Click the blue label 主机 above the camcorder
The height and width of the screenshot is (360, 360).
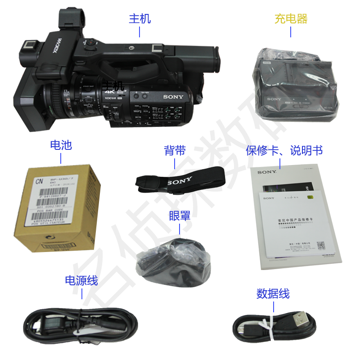coord(140,18)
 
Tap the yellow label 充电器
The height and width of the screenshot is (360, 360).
coord(291,18)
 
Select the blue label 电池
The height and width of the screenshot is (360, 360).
coord(61,145)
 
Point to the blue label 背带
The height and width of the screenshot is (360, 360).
coord(175,150)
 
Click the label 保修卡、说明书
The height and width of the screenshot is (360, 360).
coord(284,150)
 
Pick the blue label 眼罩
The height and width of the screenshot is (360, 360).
coord(180,215)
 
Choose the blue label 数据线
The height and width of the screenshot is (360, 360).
coord(273,294)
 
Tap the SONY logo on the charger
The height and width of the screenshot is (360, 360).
coord(274,99)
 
